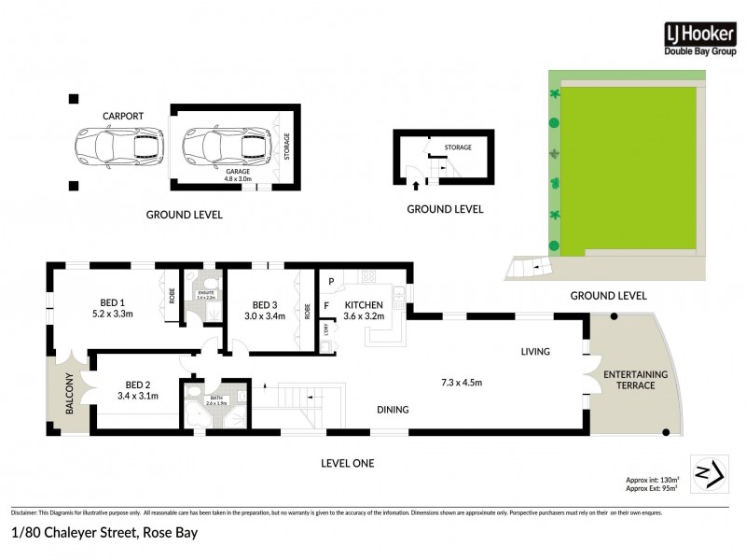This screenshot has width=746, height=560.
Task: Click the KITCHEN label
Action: pyautogui.click(x=364, y=305)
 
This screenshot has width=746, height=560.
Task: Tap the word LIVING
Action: pyautogui.click(x=535, y=352)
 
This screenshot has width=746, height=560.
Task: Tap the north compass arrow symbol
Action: pyautogui.click(x=706, y=472)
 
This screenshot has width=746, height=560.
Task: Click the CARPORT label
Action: pyautogui.click(x=123, y=116)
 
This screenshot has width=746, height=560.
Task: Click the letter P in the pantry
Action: pyautogui.click(x=330, y=278)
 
